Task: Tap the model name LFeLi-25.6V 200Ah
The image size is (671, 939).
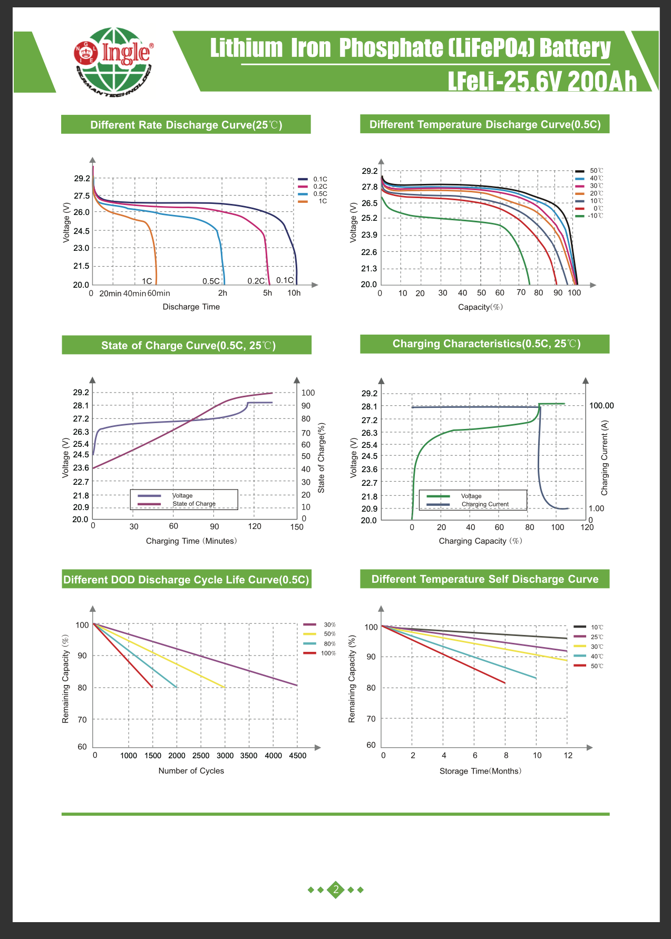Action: (x=542, y=82)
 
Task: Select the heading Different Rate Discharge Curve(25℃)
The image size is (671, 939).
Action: (x=186, y=125)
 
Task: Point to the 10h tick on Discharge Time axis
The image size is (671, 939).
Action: (x=294, y=294)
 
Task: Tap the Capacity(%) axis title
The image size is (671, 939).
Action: (x=480, y=307)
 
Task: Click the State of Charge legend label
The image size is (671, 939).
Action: (x=194, y=504)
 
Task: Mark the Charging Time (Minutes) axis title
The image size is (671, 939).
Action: (x=191, y=541)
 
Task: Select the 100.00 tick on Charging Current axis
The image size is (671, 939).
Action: (x=601, y=406)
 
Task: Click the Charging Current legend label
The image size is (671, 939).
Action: (x=485, y=504)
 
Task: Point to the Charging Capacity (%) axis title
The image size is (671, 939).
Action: (x=480, y=541)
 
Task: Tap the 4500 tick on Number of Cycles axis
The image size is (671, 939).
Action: (x=298, y=756)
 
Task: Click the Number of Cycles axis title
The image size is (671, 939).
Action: (x=191, y=771)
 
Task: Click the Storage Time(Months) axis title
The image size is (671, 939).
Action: (x=480, y=771)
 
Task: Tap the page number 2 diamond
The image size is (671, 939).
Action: (x=336, y=890)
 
